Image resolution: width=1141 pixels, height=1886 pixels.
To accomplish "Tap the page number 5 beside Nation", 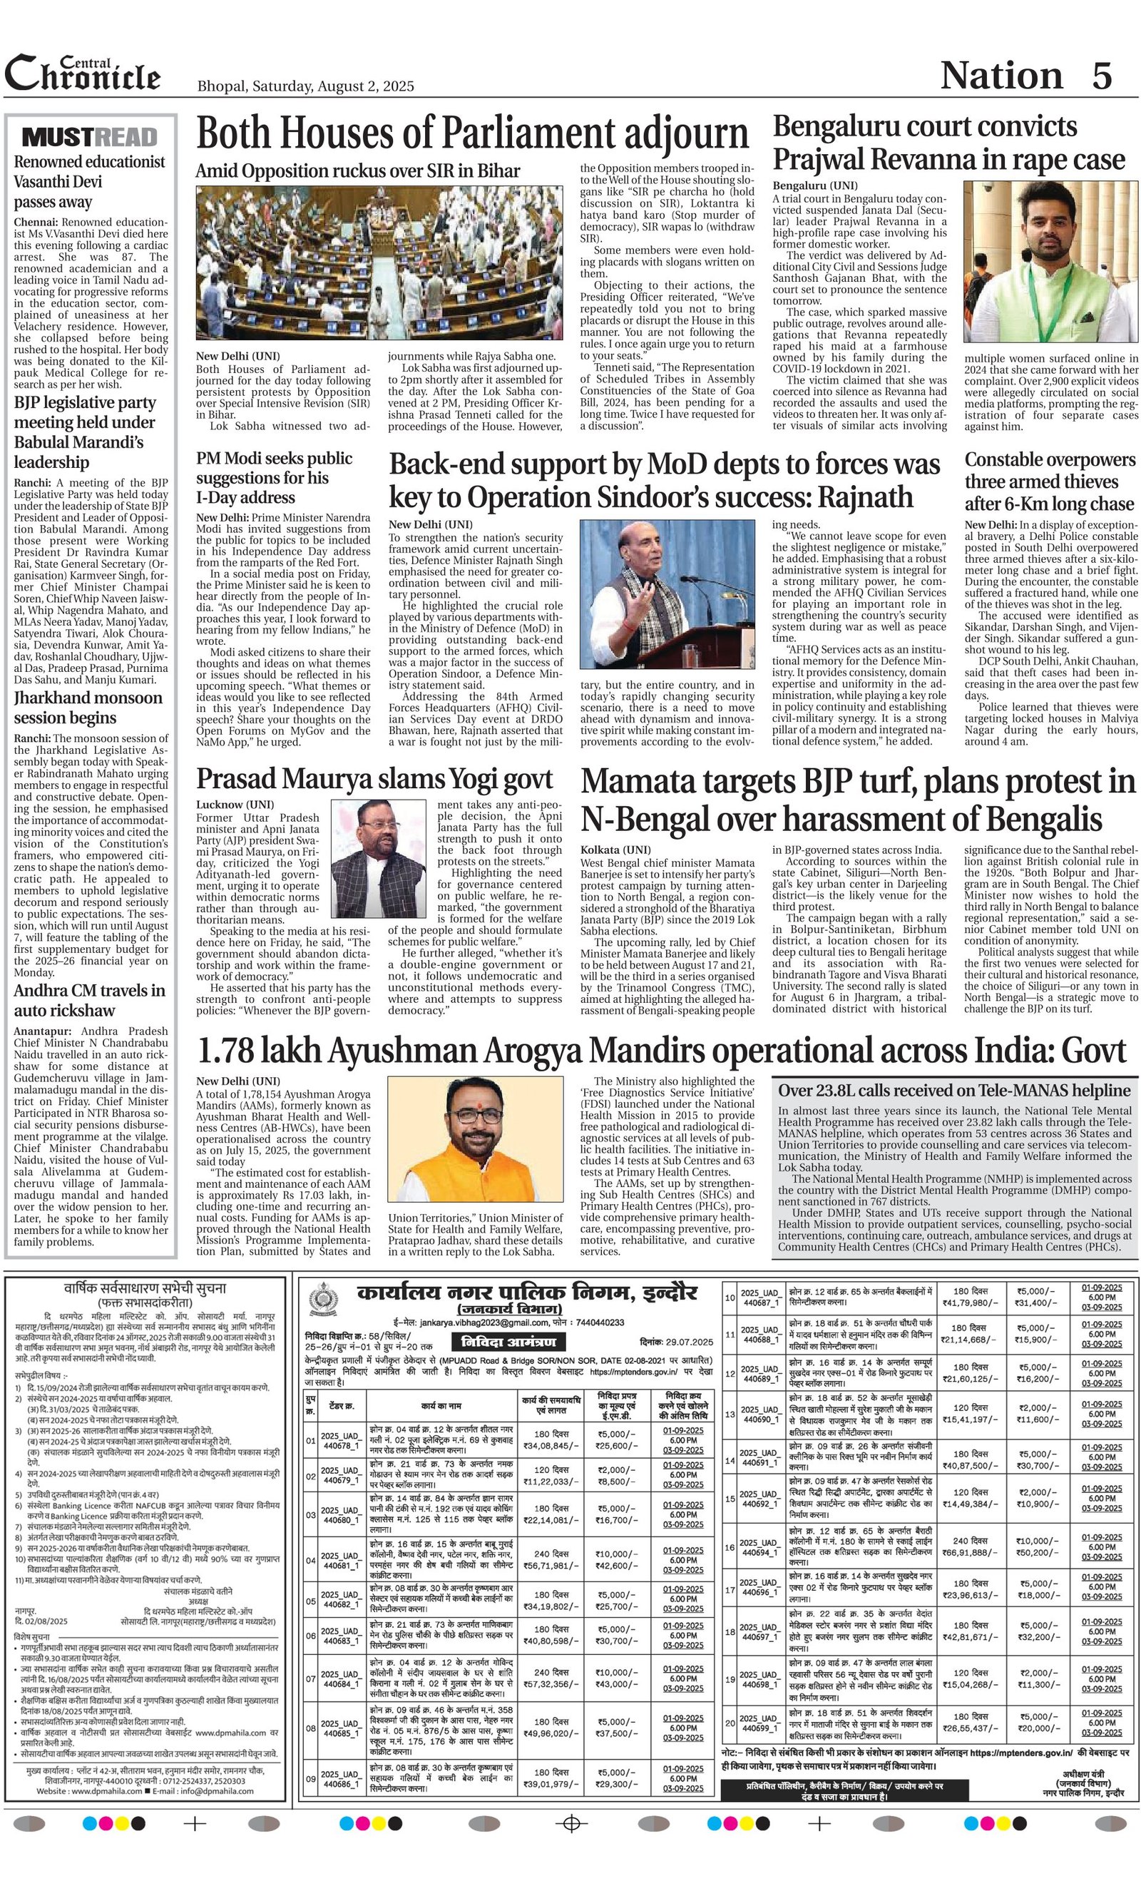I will pos(1101,76).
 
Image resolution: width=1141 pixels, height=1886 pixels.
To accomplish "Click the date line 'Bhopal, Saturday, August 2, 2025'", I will pos(305,86).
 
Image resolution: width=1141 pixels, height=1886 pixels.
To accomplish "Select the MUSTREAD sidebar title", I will pos(90,137).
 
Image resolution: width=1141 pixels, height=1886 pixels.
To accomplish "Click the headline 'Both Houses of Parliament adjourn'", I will pos(472,135).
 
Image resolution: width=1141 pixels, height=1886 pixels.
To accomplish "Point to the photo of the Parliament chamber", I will pos(379,264).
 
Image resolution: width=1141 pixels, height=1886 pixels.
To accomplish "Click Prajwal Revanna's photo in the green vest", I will pos(1049,261).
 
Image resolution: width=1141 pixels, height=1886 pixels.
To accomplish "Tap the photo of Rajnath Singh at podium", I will pos(656,596).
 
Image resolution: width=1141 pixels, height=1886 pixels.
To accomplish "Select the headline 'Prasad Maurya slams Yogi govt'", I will pos(374,778).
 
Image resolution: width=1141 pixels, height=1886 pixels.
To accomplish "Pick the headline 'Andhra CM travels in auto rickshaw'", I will pos(90,1000).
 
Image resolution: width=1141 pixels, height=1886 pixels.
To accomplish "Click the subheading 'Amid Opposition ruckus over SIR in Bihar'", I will pos(357,171).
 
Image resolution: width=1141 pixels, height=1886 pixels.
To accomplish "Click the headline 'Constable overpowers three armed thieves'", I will pos(1050,481).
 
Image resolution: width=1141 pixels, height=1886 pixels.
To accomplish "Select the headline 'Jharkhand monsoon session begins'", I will pos(88,708).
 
